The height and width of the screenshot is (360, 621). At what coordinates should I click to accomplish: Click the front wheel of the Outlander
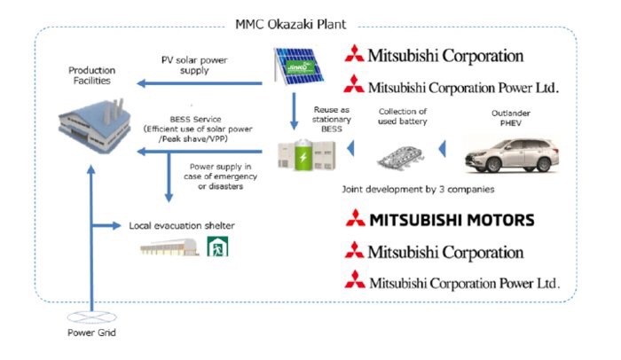[483, 162]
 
